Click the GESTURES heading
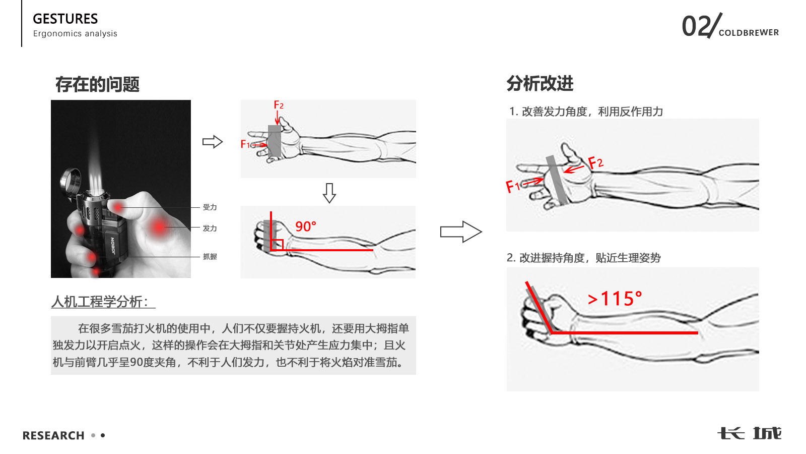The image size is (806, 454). tap(65, 19)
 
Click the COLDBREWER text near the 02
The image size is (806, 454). tap(749, 33)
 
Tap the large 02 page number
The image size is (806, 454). tap(696, 26)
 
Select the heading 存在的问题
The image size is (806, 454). tap(97, 84)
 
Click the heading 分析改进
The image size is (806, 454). tap(540, 83)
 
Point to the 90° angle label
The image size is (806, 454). tap(306, 226)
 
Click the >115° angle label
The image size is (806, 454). tap(615, 299)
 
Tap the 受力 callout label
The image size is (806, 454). tap(210, 207)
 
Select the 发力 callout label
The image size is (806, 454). tap(210, 229)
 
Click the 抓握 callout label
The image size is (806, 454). tap(210, 257)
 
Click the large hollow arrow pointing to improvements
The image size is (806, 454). tap(460, 232)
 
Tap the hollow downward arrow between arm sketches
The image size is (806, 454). tap(329, 193)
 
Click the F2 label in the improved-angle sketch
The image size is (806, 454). tap(595, 163)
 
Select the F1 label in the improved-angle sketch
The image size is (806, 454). tap(512, 187)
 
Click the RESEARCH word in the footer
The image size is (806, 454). tap(53, 435)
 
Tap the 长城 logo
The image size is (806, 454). tap(749, 433)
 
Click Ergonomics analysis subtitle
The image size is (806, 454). tap(75, 34)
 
